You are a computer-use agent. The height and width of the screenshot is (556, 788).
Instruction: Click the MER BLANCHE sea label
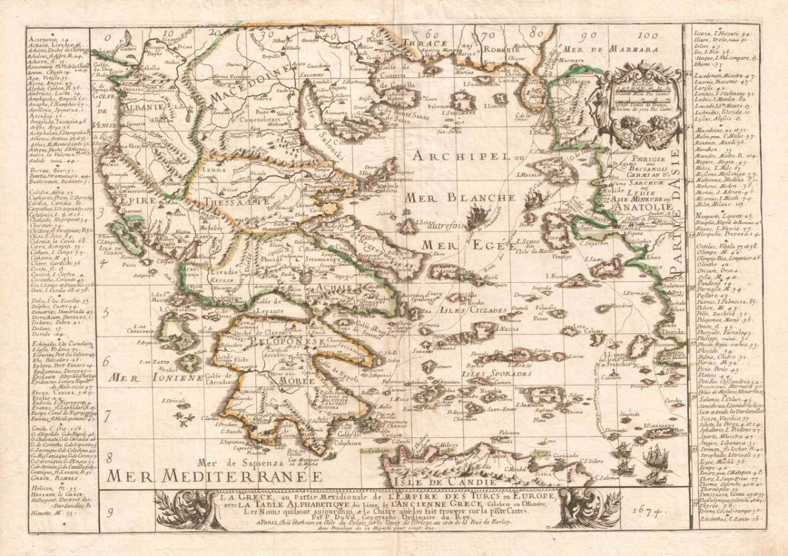point(460,198)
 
